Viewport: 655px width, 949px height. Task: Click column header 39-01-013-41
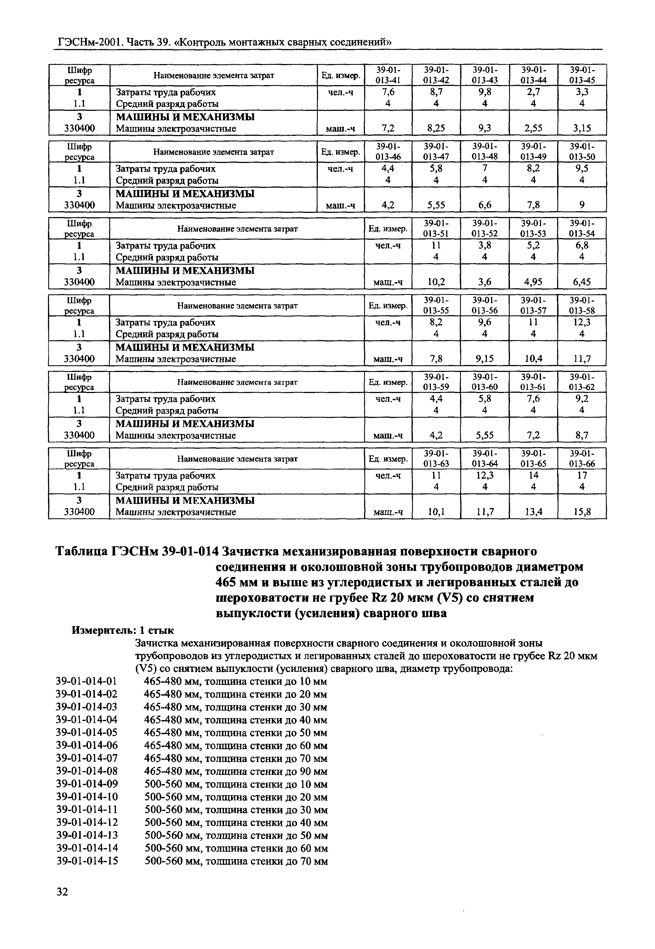[388, 75]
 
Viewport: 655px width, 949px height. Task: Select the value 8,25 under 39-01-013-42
[436, 128]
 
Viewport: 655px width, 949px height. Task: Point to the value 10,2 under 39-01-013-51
[436, 282]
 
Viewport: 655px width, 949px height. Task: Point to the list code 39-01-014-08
[87, 771]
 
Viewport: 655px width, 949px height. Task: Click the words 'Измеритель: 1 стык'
[123, 630]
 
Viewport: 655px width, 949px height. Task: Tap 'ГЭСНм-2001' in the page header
[90, 42]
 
